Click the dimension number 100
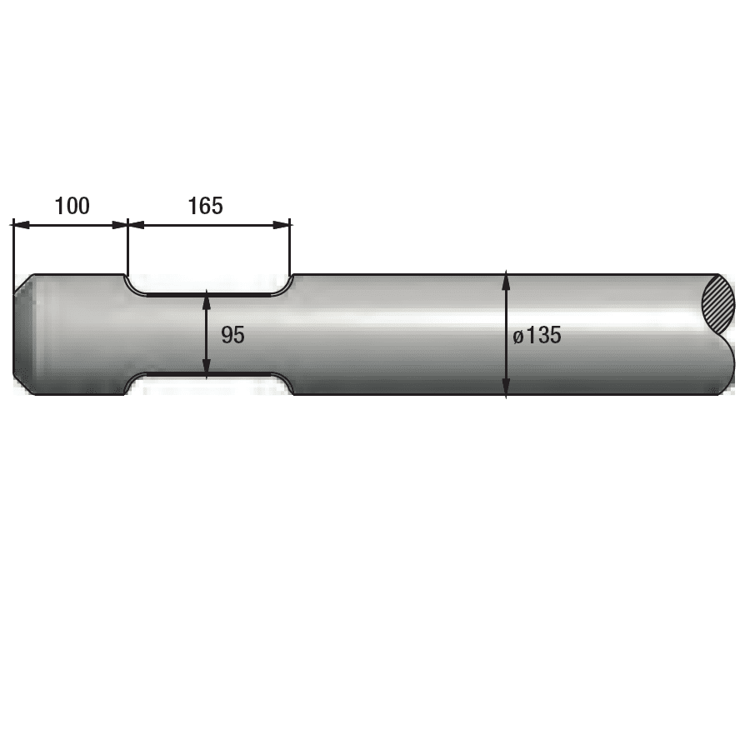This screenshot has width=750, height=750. pyautogui.click(x=72, y=206)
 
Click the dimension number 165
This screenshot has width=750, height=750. pyautogui.click(x=205, y=206)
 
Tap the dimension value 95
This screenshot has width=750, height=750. pyautogui.click(x=233, y=335)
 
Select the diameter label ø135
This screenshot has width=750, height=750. pyautogui.click(x=537, y=335)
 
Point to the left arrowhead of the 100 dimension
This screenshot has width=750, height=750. pyautogui.click(x=22, y=225)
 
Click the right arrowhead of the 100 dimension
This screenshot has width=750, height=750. pyautogui.click(x=119, y=225)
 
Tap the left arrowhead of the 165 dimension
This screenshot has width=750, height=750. pyautogui.click(x=137, y=225)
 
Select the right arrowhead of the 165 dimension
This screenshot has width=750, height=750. pyautogui.click(x=282, y=225)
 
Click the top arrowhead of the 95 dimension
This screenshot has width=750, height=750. pyautogui.click(x=207, y=299)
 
